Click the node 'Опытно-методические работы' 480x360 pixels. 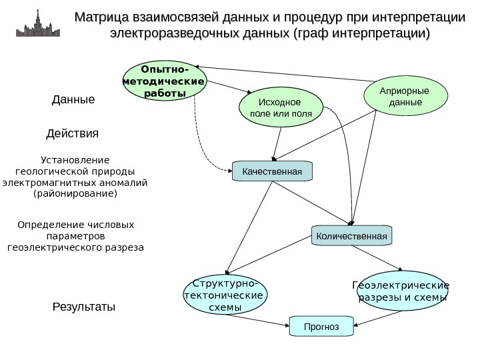pos(164,81)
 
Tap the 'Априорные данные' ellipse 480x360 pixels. pos(405,97)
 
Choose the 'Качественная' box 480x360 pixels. pos(272,171)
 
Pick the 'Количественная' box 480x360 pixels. pos(352,235)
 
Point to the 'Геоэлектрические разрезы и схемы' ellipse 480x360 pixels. pos(400,291)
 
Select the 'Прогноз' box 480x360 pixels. pos(321,327)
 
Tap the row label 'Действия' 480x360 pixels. pos(72,133)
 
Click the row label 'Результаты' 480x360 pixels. pos(84,307)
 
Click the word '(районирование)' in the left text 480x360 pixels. pos(74,193)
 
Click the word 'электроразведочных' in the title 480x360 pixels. pos(169,33)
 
